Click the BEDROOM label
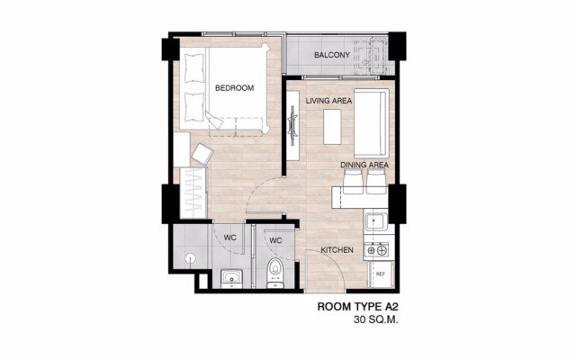point(234,88)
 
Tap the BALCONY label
point(332,55)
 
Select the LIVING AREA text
point(328,101)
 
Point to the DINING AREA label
point(364,165)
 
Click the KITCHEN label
point(337,250)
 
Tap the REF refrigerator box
point(381,274)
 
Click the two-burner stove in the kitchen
point(376,250)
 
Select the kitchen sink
point(375,221)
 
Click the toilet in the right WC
point(274,272)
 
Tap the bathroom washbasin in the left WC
point(232,278)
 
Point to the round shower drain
point(190,258)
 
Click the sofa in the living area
point(371,122)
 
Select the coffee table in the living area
point(332,127)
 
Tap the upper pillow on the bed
point(194,68)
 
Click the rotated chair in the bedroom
point(202,154)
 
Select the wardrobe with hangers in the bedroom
point(193,193)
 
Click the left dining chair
point(354,182)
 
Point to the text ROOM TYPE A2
point(357,307)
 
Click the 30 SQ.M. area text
point(376,319)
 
